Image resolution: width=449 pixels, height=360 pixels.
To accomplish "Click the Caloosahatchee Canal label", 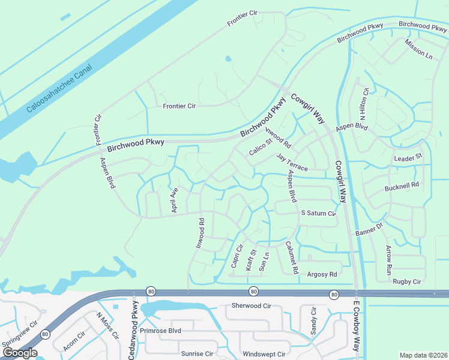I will point(59,89).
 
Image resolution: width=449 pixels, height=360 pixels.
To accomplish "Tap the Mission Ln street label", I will point(418,49).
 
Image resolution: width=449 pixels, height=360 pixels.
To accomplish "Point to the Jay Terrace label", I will point(292,162).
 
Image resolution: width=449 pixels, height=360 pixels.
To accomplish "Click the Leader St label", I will point(408,157).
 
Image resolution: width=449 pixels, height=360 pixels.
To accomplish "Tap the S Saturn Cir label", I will point(318,213).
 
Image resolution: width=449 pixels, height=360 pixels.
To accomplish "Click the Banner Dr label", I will point(369,230).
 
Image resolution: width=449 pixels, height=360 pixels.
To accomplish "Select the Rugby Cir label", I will point(407,281).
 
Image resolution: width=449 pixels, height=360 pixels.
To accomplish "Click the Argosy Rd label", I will point(322,274).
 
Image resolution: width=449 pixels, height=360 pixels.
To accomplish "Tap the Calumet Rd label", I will point(292,258).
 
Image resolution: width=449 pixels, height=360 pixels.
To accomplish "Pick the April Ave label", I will point(175,200).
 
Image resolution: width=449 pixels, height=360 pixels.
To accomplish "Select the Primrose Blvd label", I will point(160,331).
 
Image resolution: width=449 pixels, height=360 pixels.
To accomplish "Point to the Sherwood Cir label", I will point(252,305).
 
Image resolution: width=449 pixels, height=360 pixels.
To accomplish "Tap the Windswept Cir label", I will point(265,354).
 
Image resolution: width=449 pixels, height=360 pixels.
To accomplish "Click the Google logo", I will point(19,353).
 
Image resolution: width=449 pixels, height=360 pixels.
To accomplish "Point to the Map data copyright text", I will point(423,355).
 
